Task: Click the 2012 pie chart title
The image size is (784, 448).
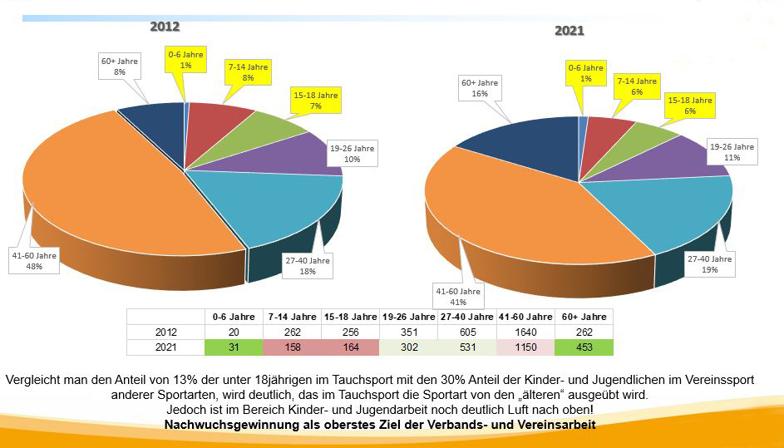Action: coord(165,27)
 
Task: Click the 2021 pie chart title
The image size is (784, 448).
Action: coord(570,31)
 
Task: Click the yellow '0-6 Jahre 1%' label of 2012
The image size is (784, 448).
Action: coord(185,60)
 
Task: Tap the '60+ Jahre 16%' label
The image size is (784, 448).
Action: coord(480,88)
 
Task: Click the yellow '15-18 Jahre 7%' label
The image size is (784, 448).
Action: coord(315,101)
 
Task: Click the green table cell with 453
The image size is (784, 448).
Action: coord(584,347)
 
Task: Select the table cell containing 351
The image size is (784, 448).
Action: coord(408,332)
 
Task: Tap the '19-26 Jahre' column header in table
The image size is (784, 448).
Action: coord(408,317)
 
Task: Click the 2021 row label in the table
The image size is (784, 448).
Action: coord(165,347)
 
